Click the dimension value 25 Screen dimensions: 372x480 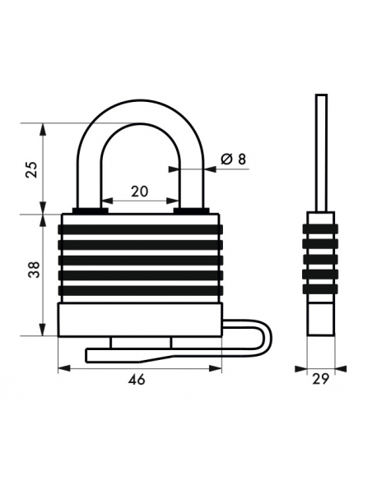[32, 169]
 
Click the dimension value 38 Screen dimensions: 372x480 [35, 270]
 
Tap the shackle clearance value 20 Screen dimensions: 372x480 [140, 192]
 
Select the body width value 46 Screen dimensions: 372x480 [137, 380]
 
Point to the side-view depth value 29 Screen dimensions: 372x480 [320, 379]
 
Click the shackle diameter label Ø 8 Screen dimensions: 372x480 [234, 159]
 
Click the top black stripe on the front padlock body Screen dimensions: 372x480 [140, 229]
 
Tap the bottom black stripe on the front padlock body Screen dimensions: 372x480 [140, 290]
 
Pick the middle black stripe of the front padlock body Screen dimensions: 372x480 [140, 260]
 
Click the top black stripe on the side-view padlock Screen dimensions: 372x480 [320, 228]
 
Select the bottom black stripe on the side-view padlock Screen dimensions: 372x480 [320, 289]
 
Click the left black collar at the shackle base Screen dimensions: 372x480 [90, 210]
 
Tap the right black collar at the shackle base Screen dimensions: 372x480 [191, 210]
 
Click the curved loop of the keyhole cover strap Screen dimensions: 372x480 [267, 337]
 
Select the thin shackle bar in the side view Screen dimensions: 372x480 [322, 153]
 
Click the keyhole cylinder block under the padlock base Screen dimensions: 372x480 [142, 343]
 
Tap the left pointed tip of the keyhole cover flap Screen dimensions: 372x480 [86, 355]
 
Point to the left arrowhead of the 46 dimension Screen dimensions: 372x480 [63, 368]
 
